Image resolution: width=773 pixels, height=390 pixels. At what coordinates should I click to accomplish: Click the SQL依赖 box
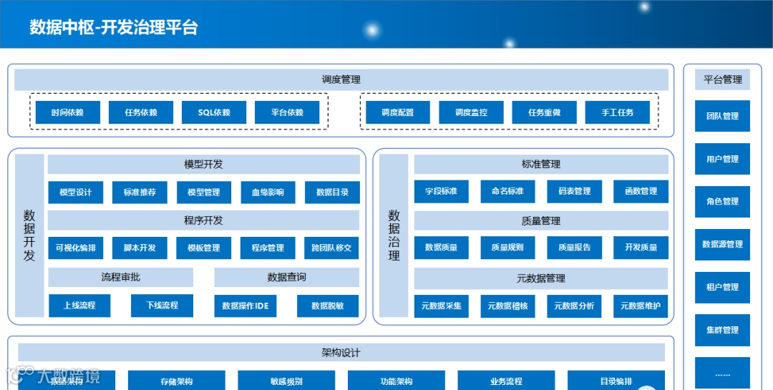click(214, 112)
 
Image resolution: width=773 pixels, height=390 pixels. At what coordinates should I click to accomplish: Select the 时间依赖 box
click(67, 112)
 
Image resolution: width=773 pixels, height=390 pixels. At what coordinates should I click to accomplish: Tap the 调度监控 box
click(471, 112)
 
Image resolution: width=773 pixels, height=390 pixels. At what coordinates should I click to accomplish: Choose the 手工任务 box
click(617, 112)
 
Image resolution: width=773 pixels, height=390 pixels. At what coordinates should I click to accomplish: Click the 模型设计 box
click(75, 192)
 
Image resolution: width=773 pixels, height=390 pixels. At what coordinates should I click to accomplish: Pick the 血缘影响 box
click(268, 192)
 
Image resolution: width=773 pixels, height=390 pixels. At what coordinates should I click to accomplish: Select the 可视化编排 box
click(75, 248)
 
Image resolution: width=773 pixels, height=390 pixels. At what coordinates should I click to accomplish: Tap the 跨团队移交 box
click(331, 248)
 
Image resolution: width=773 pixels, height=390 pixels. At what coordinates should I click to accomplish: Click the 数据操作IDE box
click(245, 306)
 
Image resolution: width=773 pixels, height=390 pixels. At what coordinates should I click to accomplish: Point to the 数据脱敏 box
click(328, 306)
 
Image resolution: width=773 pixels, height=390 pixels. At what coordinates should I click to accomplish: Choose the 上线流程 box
click(79, 306)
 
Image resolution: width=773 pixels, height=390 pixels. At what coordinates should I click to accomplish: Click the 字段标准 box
click(441, 191)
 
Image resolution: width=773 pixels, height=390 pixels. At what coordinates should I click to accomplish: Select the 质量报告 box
click(574, 248)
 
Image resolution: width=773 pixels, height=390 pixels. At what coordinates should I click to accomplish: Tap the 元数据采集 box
click(441, 306)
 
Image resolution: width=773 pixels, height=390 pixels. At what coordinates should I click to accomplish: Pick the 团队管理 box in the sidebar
click(722, 116)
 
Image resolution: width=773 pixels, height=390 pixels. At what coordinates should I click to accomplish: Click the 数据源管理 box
click(722, 244)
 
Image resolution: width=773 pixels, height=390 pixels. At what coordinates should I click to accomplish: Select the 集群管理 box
click(722, 330)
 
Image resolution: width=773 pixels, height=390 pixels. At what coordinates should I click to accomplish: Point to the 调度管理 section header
click(341, 79)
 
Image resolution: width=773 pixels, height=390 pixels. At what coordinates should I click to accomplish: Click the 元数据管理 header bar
click(540, 278)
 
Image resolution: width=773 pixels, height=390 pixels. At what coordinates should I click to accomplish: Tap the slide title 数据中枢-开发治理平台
click(114, 28)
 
